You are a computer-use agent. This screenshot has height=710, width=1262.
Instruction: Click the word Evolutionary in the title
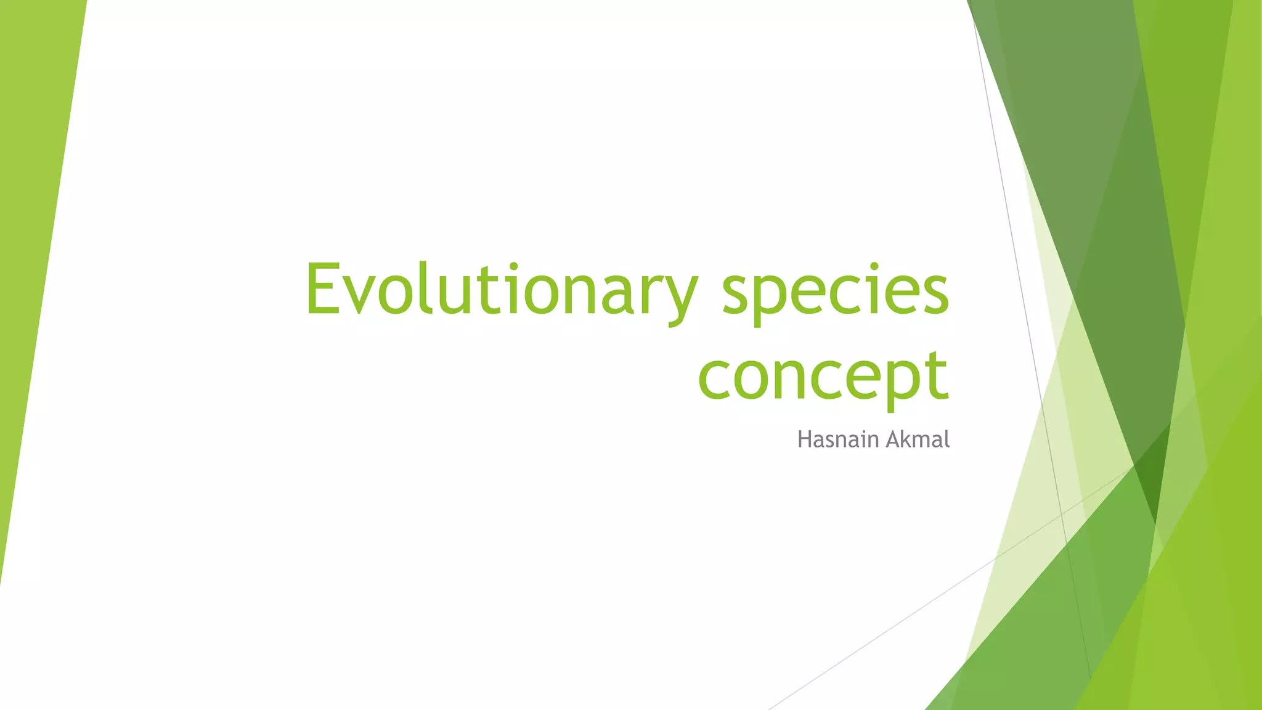(x=500, y=290)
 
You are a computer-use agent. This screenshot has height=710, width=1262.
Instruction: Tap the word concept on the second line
(x=823, y=376)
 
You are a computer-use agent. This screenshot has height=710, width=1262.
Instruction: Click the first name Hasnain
(x=837, y=439)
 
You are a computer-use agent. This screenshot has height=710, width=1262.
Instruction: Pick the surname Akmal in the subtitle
(x=918, y=439)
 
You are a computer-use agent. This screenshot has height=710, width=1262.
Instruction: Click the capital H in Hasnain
(x=804, y=439)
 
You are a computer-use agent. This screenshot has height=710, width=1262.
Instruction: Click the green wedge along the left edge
(x=31, y=247)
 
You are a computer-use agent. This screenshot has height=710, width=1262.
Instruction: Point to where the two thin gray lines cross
(x=1062, y=513)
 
